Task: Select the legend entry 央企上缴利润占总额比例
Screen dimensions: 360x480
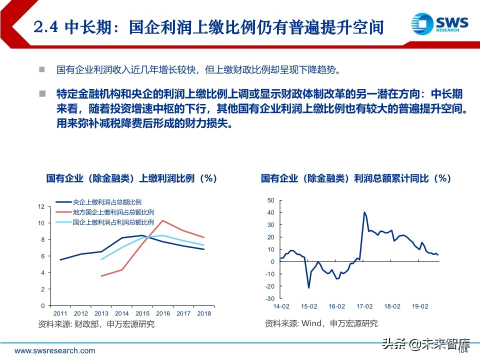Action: [106, 202]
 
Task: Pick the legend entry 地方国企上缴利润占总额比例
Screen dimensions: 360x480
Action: [113, 212]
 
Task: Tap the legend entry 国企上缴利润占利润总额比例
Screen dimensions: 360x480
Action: [113, 222]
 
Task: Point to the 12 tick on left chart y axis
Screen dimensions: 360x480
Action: [41, 206]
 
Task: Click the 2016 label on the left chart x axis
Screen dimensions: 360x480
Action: [163, 313]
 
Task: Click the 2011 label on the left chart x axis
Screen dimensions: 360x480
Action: [60, 313]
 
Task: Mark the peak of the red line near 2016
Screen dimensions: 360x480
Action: [162, 220]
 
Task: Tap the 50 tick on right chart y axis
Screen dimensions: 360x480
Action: [271, 200]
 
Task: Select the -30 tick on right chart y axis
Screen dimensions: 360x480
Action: [270, 298]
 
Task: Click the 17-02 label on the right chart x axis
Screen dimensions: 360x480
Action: [364, 306]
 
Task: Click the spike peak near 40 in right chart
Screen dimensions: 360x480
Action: [364, 212]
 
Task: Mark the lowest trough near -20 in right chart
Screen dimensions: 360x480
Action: [308, 287]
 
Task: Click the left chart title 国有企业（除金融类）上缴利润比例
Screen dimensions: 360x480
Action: [131, 178]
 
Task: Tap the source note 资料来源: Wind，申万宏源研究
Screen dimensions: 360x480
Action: [321, 323]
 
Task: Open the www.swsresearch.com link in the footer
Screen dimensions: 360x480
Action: [48, 350]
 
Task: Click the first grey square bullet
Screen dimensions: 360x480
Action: [42, 69]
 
